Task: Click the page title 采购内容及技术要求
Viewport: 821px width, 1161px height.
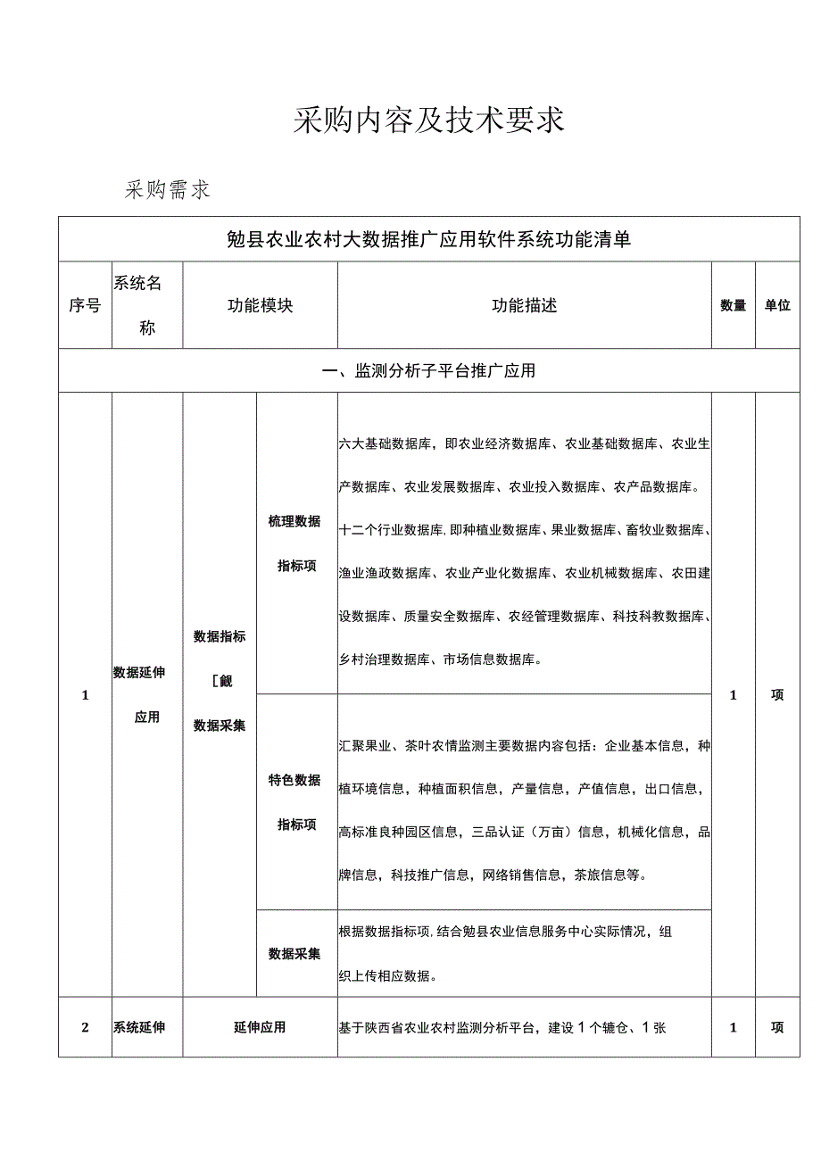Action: (x=429, y=120)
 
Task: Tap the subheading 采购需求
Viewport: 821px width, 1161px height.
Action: (x=168, y=189)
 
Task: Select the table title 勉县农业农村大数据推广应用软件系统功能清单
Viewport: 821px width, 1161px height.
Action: (x=428, y=238)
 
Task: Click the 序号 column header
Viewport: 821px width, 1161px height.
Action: (x=85, y=305)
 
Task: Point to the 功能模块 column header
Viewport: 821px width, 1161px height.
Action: (x=260, y=305)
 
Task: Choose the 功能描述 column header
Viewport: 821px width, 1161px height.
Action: (x=525, y=305)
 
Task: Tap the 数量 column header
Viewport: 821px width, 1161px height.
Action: (x=734, y=305)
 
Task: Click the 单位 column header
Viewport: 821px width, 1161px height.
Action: (x=777, y=305)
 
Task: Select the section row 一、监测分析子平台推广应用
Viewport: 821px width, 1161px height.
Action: (x=428, y=370)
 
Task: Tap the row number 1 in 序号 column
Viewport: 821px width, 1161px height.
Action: (x=86, y=695)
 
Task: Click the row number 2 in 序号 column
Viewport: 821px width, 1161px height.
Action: (x=86, y=1027)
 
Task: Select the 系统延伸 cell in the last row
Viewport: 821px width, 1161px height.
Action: (x=139, y=1027)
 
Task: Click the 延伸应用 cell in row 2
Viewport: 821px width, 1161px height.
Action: (x=260, y=1027)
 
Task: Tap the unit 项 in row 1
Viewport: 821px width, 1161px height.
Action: (x=777, y=695)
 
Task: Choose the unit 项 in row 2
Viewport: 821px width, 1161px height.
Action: (x=777, y=1027)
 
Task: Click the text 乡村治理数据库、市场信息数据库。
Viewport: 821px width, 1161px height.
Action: (x=440, y=659)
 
